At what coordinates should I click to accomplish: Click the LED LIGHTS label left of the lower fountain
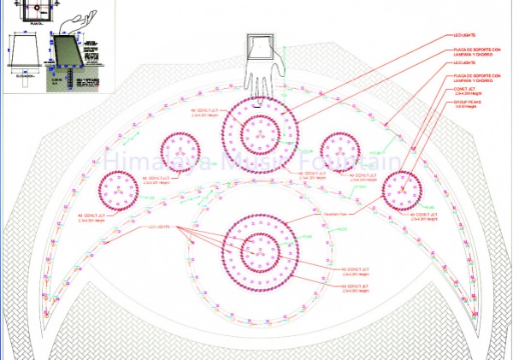coord(160,227)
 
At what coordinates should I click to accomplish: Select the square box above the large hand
coord(259,46)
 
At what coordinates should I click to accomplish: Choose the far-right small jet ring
coord(401,190)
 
